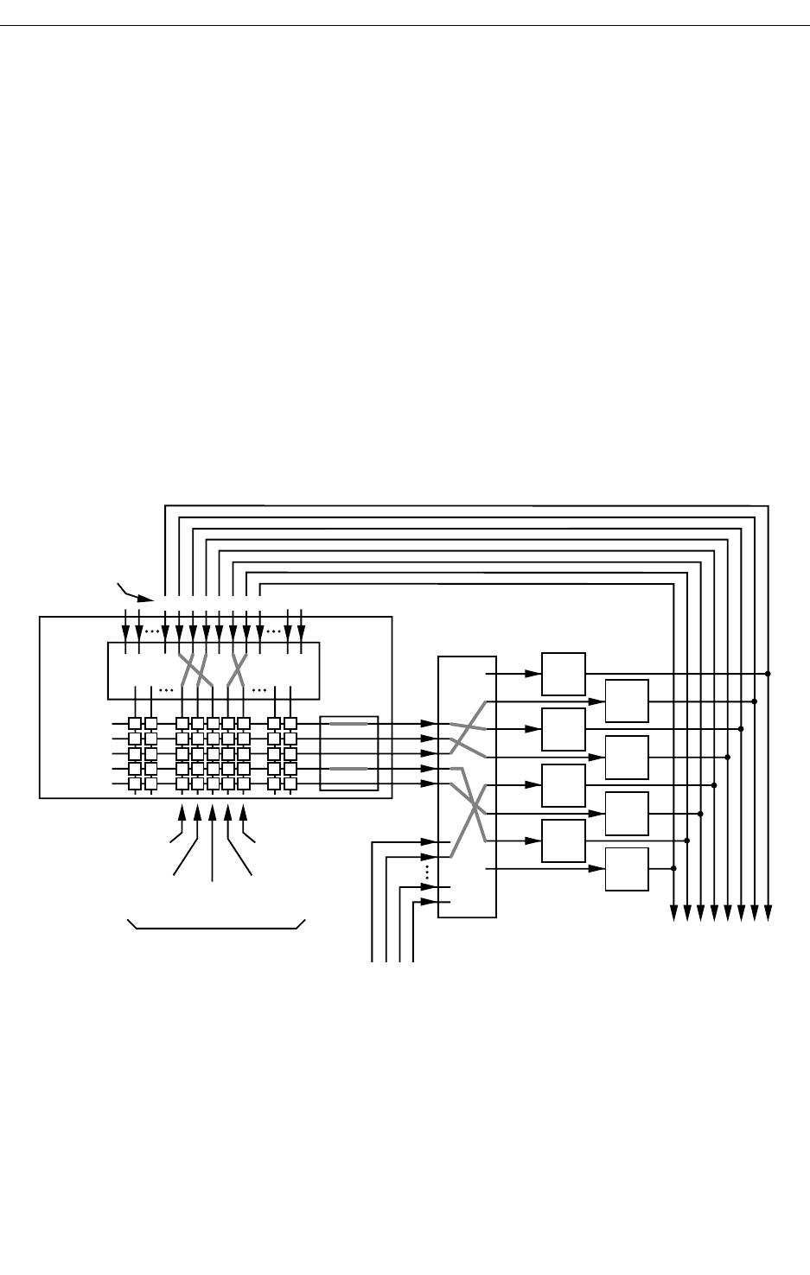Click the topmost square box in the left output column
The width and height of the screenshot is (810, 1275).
pos(564,674)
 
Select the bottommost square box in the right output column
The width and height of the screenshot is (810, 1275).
pos(627,869)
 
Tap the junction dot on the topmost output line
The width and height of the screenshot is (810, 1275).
pos(768,674)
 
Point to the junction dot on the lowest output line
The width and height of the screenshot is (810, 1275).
pos(673,868)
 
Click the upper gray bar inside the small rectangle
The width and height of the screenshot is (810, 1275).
pos(349,726)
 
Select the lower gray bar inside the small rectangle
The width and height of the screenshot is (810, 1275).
pos(349,769)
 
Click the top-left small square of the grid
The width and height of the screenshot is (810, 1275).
pos(135,724)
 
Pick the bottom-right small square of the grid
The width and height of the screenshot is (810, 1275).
pos(290,783)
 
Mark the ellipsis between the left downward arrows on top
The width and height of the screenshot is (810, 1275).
pos(152,631)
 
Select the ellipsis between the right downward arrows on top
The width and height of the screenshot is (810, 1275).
pos(274,631)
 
